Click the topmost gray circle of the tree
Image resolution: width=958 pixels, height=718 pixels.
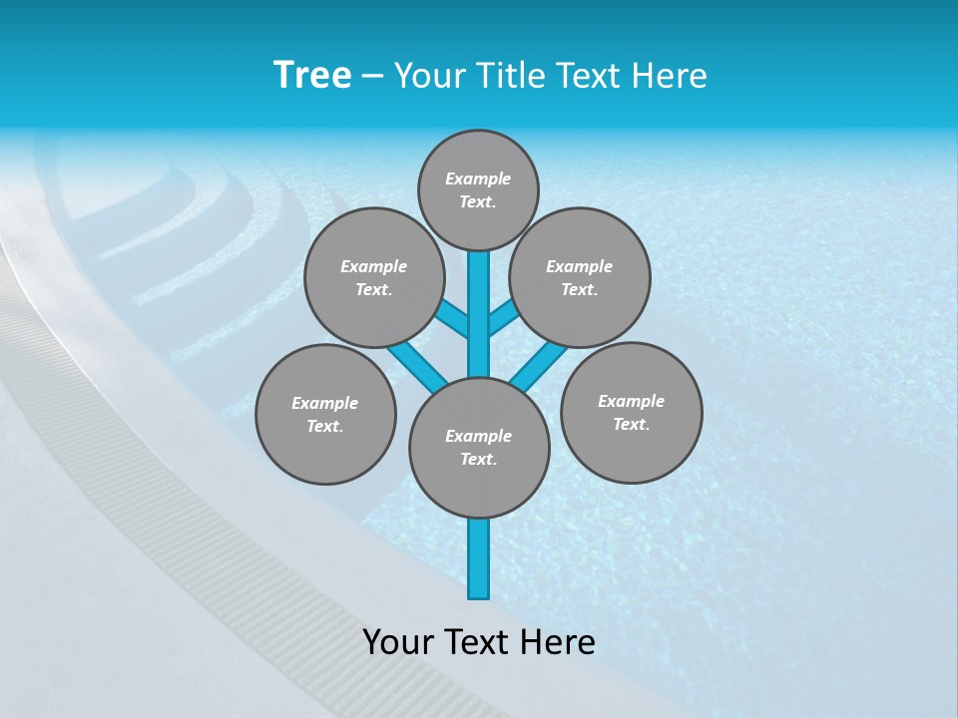(478, 189)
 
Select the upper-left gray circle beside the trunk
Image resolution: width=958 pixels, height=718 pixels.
(373, 277)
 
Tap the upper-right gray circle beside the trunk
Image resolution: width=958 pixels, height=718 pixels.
(580, 277)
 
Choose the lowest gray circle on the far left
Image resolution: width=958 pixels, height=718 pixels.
(325, 414)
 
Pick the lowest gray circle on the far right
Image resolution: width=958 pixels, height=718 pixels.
(631, 412)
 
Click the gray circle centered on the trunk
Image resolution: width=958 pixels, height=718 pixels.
(479, 447)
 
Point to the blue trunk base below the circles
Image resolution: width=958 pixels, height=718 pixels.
(479, 558)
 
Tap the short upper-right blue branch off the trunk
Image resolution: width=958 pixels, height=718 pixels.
(503, 317)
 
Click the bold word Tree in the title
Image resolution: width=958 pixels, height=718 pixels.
(312, 75)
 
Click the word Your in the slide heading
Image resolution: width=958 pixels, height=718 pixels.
(431, 76)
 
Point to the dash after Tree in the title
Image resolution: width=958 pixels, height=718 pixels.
(372, 76)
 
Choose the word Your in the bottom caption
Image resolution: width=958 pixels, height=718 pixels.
(398, 641)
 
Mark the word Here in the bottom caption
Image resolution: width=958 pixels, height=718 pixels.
(560, 641)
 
